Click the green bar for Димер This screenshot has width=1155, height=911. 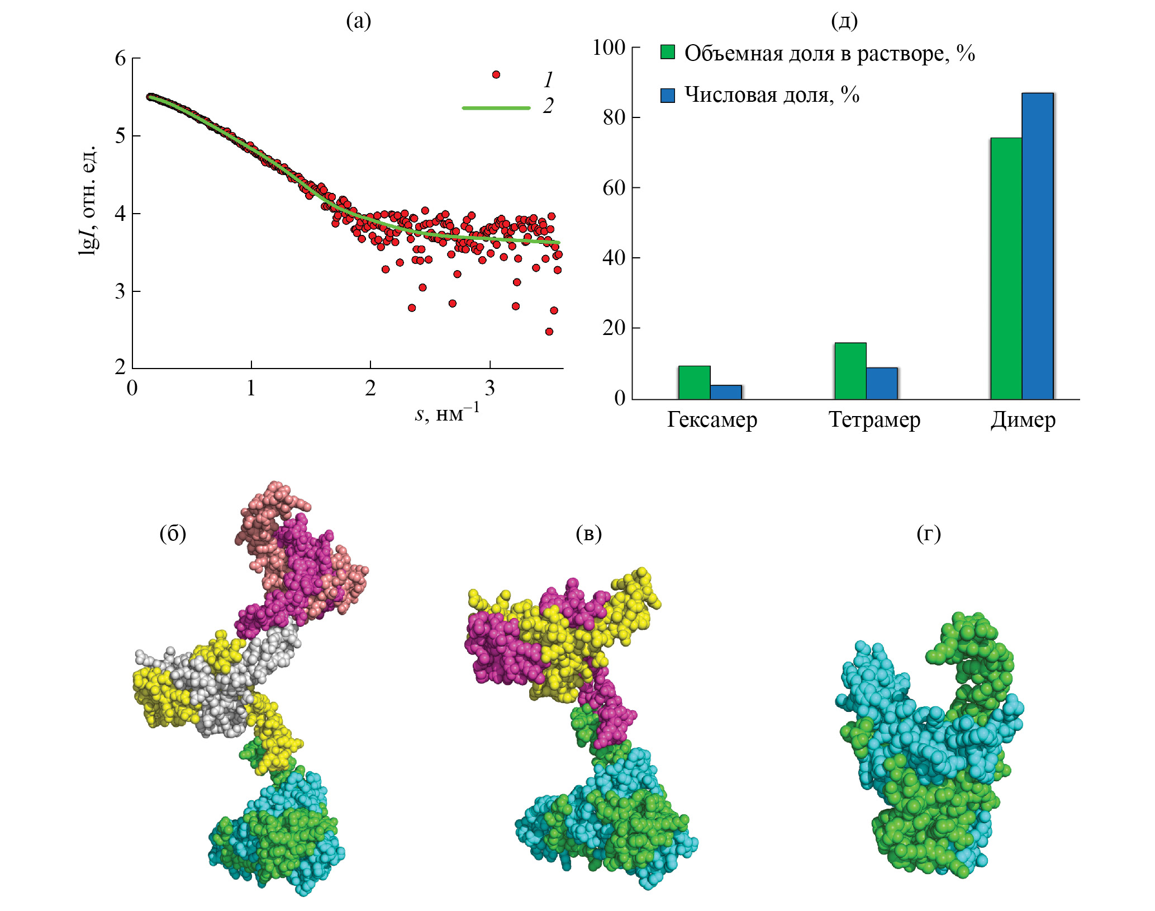click(1006, 268)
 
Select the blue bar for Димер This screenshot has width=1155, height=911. click(1038, 246)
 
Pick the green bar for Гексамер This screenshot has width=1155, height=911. click(694, 383)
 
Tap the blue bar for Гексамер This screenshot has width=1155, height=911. click(726, 392)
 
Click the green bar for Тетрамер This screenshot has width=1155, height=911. click(850, 371)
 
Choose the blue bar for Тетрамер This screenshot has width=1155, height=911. click(882, 384)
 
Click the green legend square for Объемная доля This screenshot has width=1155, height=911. click(668, 53)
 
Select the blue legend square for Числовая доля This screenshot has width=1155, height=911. click(668, 95)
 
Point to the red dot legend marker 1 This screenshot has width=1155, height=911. click(496, 74)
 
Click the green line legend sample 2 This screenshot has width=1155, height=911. click(496, 107)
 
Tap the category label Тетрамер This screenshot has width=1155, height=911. click(874, 420)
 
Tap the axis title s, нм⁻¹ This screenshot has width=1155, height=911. click(446, 414)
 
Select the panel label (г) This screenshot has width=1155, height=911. click(928, 534)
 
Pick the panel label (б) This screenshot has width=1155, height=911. click(173, 534)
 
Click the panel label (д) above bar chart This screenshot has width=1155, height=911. click(844, 21)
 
